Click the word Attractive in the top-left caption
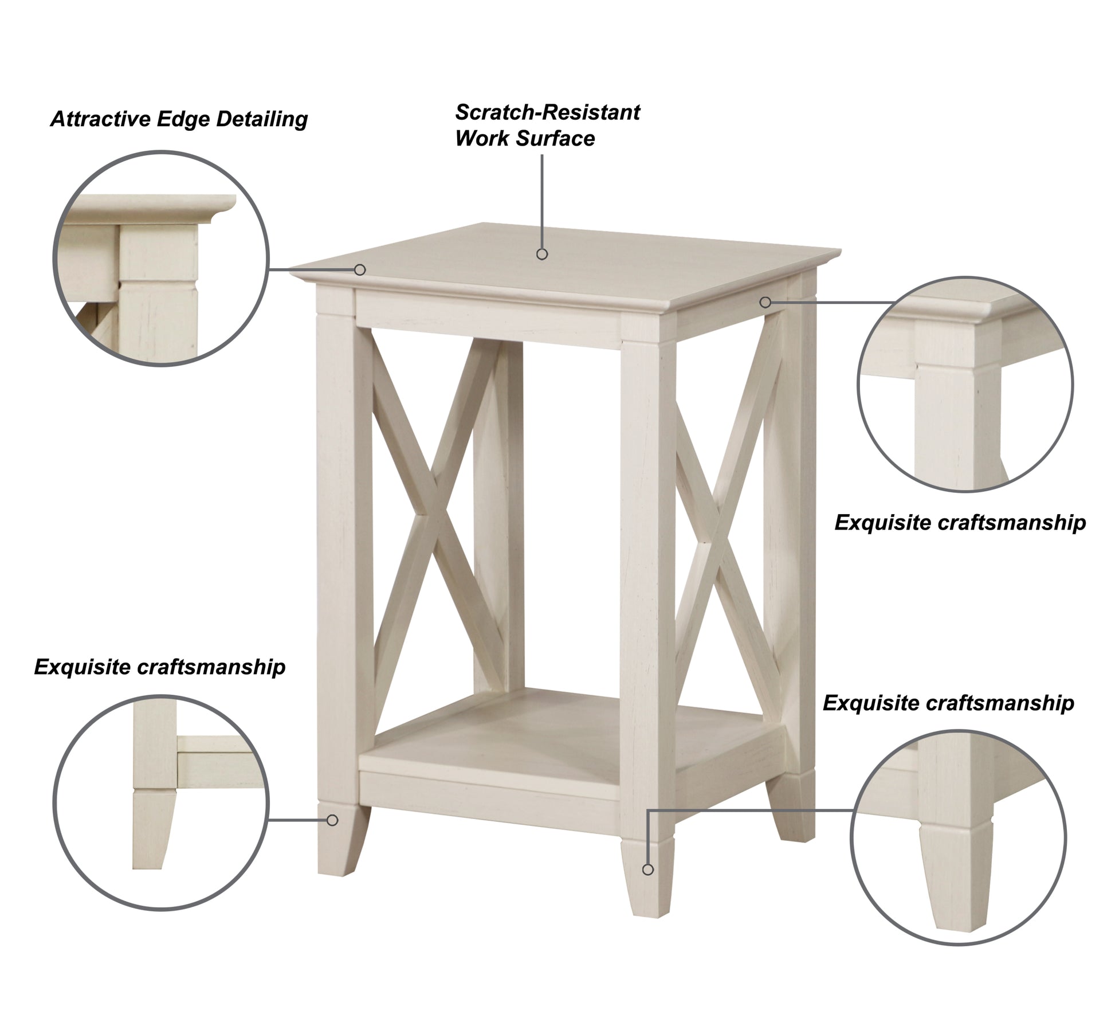click(x=100, y=119)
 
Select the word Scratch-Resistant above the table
click(x=547, y=113)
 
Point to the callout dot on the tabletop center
click(x=542, y=254)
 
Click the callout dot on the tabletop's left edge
click(x=360, y=269)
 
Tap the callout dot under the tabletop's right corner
click(x=765, y=302)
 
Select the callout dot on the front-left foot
click(x=332, y=820)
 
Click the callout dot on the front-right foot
click(x=648, y=870)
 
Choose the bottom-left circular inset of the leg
click(x=161, y=802)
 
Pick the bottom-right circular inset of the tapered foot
click(x=958, y=837)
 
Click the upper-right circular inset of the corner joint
click(x=965, y=385)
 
